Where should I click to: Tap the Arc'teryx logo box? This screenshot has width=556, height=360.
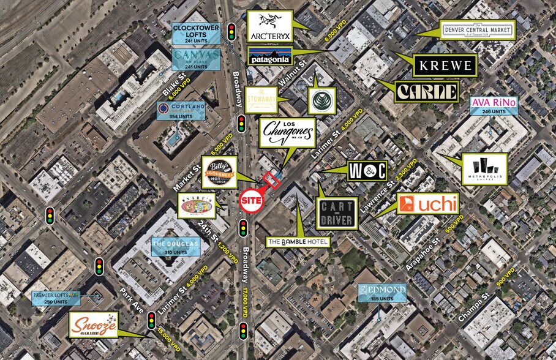tap(269, 26)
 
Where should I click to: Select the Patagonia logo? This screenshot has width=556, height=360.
tap(269, 58)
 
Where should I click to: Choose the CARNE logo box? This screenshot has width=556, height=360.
tap(427, 92)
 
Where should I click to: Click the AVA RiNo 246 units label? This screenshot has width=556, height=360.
tap(494, 105)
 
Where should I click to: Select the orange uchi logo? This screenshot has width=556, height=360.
tap(428, 204)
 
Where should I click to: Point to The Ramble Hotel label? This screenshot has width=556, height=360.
tap(299, 242)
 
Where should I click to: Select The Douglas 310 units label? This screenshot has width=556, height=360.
tap(175, 247)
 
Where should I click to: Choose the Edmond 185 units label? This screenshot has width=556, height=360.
tap(383, 293)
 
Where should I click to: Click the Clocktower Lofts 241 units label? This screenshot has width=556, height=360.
tap(196, 34)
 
